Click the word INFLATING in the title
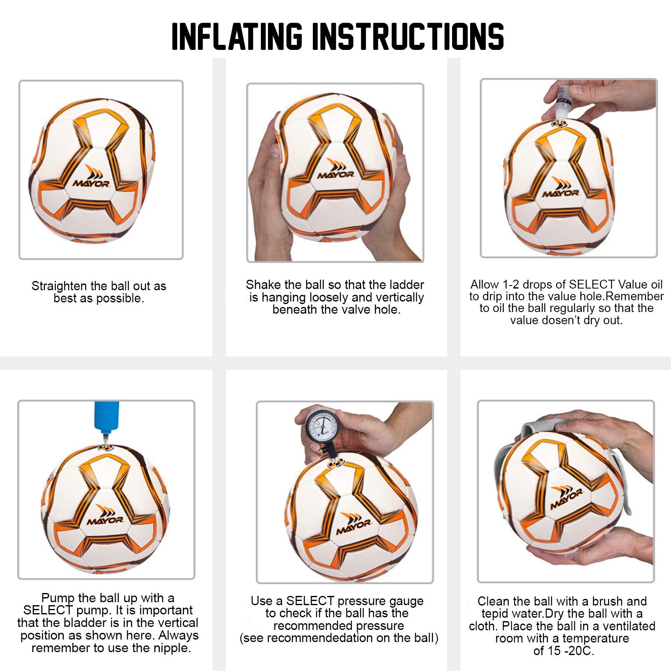(237, 36)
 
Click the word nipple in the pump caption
(171, 648)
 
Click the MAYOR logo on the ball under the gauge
(354, 524)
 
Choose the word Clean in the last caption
(493, 601)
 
